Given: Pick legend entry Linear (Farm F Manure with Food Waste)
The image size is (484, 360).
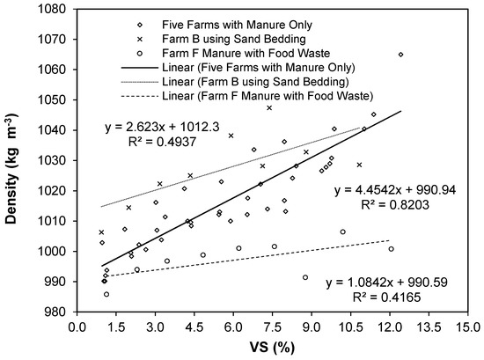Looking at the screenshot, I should [x=279, y=96].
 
